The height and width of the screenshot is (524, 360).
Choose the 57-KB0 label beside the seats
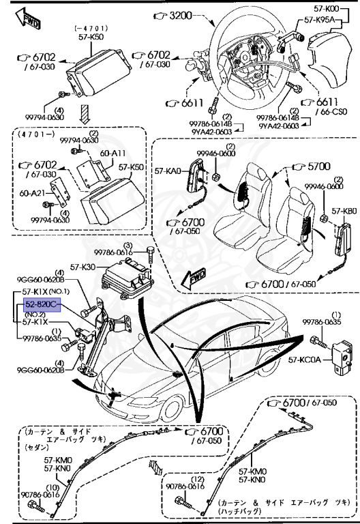[x=344, y=212]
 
